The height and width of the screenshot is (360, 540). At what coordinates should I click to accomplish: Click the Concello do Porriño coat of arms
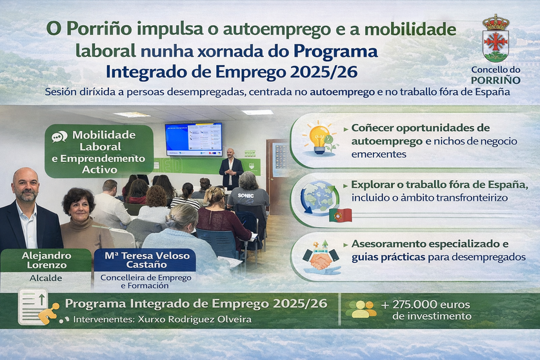point(495,39)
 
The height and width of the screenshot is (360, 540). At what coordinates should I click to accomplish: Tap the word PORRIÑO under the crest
point(495,80)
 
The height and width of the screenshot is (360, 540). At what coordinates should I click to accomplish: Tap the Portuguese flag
point(340,215)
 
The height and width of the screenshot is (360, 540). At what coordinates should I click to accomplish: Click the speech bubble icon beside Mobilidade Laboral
point(59,137)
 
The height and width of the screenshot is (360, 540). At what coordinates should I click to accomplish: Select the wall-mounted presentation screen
point(194,139)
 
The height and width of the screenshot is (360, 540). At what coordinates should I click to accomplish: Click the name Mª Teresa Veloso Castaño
point(145,259)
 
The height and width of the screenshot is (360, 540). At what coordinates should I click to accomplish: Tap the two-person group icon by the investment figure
point(361,309)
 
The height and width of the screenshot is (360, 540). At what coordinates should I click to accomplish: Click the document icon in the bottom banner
point(34,305)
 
